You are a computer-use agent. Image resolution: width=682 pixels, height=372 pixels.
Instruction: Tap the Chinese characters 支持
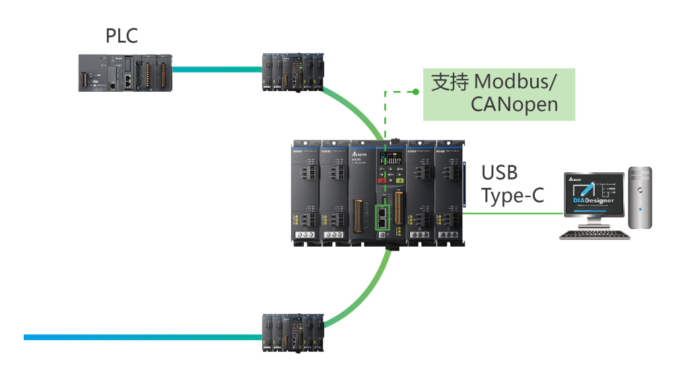pyautogui.click(x=450, y=82)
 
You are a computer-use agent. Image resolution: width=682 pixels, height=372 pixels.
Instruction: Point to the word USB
pyautogui.click(x=500, y=173)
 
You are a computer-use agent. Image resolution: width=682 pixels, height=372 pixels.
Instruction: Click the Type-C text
pyautogui.click(x=512, y=196)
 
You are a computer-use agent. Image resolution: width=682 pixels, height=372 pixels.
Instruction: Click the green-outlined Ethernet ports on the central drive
pyautogui.click(x=383, y=217)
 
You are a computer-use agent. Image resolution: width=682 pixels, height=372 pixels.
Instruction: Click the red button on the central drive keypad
pyautogui.click(x=383, y=177)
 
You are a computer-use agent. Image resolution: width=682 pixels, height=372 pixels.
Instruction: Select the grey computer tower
pyautogui.click(x=640, y=198)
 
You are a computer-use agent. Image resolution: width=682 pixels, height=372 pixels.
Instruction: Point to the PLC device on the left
pyautogui.click(x=125, y=72)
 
